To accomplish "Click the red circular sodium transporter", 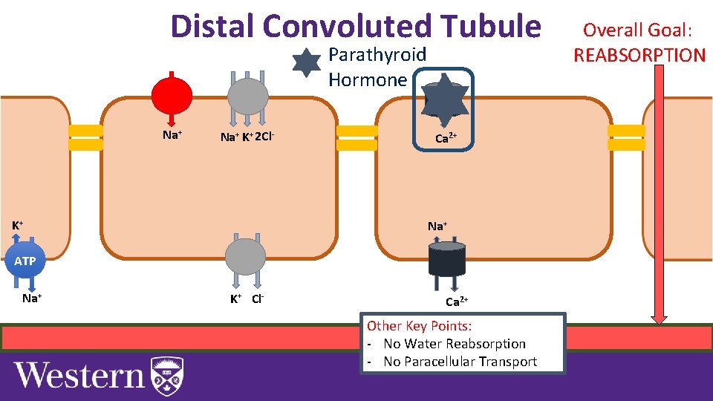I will pyautogui.click(x=172, y=95).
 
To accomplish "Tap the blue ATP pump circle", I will pyautogui.click(x=25, y=261).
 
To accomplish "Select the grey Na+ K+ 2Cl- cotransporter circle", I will pyautogui.click(x=247, y=96).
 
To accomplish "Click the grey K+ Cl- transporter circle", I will pyautogui.click(x=246, y=257).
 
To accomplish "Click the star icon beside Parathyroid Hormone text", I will pyautogui.click(x=306, y=63).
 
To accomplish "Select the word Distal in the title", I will pyautogui.click(x=212, y=26).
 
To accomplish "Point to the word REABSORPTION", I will pyautogui.click(x=639, y=55).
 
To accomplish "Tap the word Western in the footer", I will pyautogui.click(x=79, y=375).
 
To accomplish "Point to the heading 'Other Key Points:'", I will pyautogui.click(x=420, y=326).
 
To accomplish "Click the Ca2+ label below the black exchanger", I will pyautogui.click(x=456, y=301).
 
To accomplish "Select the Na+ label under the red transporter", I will pyautogui.click(x=172, y=135).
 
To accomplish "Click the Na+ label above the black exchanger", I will pyautogui.click(x=437, y=226).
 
